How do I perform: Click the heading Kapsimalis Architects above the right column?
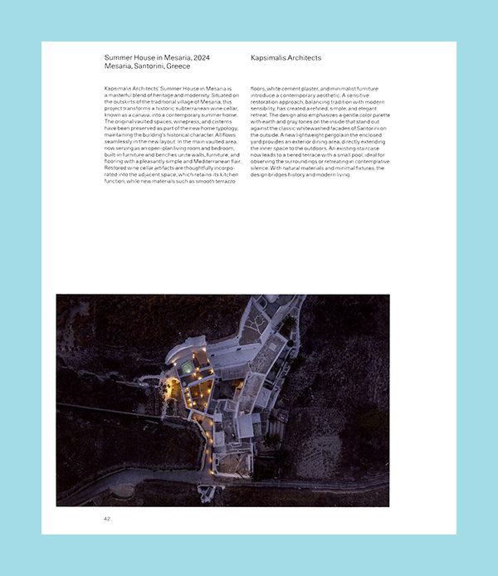pos(286,58)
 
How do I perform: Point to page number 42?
pos(107,519)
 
